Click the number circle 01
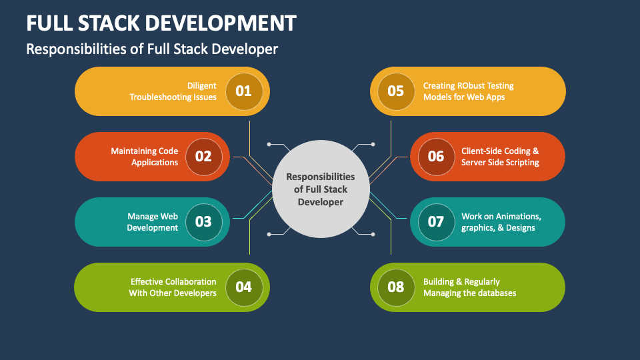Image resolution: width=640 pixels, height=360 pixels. point(244,91)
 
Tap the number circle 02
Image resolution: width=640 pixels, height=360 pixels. point(204,157)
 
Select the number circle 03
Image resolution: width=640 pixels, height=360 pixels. point(204,222)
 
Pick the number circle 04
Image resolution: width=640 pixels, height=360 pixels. point(244,287)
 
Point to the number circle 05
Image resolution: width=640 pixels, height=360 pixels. point(396,91)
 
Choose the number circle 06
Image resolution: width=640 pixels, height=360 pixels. point(436,157)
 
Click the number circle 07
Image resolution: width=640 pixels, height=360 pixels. point(436,222)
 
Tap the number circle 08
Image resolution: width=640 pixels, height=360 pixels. point(396,287)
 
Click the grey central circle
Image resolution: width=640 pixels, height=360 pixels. point(321,189)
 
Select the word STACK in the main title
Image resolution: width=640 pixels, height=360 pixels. point(109,23)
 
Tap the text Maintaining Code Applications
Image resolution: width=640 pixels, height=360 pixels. point(145,157)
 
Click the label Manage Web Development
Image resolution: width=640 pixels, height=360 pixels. point(152,222)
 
